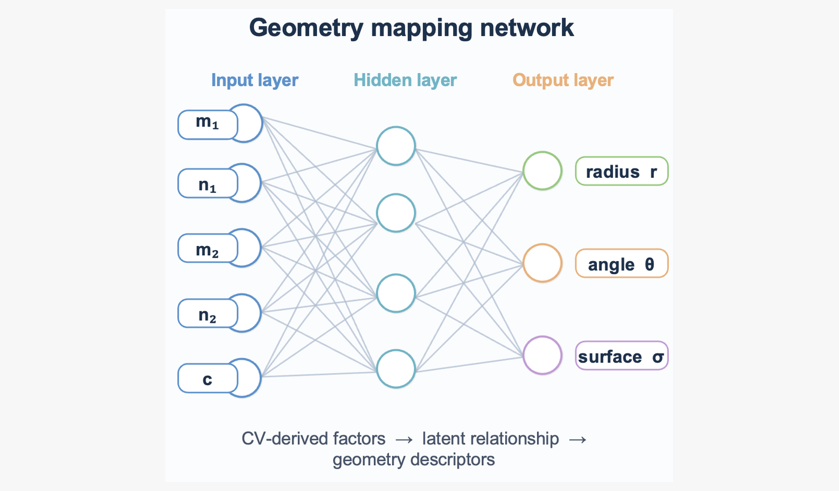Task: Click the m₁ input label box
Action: coord(207,125)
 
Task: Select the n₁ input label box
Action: coord(207,183)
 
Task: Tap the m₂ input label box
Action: coord(207,248)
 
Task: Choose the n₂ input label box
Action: coord(207,313)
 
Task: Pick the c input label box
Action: coord(207,378)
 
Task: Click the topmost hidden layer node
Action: coord(396,146)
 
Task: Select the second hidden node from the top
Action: coord(396,212)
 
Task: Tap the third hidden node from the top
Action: coord(396,293)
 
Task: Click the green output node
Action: coord(542,171)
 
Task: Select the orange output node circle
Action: coord(542,263)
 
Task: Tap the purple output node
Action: coord(542,355)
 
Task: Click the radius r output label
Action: coord(621,171)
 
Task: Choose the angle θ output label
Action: coord(621,263)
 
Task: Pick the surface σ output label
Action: coord(621,356)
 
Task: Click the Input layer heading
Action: coord(255,80)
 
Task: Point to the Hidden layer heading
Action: coord(405,80)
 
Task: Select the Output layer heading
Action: coord(563,80)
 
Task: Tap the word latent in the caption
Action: coord(442,439)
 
